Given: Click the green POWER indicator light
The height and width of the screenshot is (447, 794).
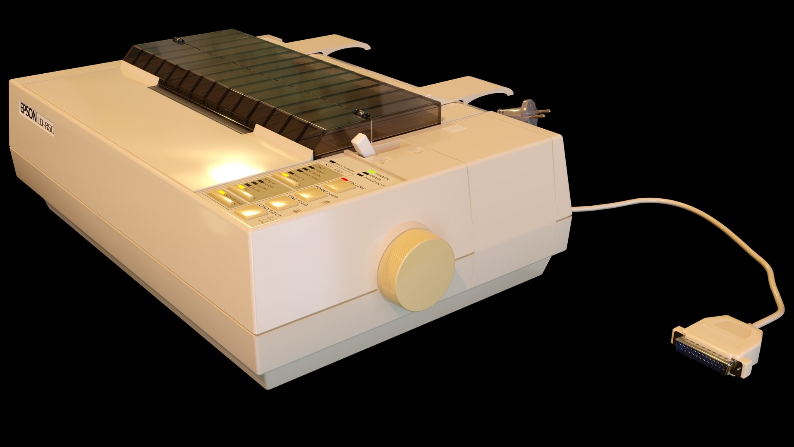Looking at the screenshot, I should (x=372, y=171).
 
